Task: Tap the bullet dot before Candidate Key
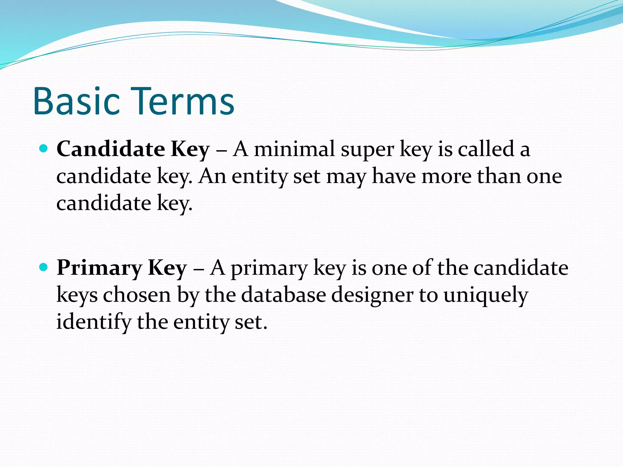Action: (x=44, y=149)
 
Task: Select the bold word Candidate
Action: (x=111, y=149)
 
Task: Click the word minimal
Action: (x=294, y=149)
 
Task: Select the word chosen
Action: (x=137, y=295)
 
